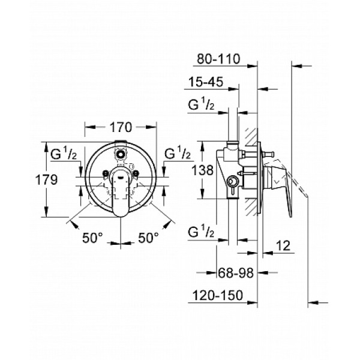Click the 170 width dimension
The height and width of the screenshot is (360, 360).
point(121,127)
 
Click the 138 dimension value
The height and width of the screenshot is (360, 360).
point(206,170)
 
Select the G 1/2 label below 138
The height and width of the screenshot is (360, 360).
point(203,232)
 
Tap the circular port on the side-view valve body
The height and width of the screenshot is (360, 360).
point(230,179)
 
